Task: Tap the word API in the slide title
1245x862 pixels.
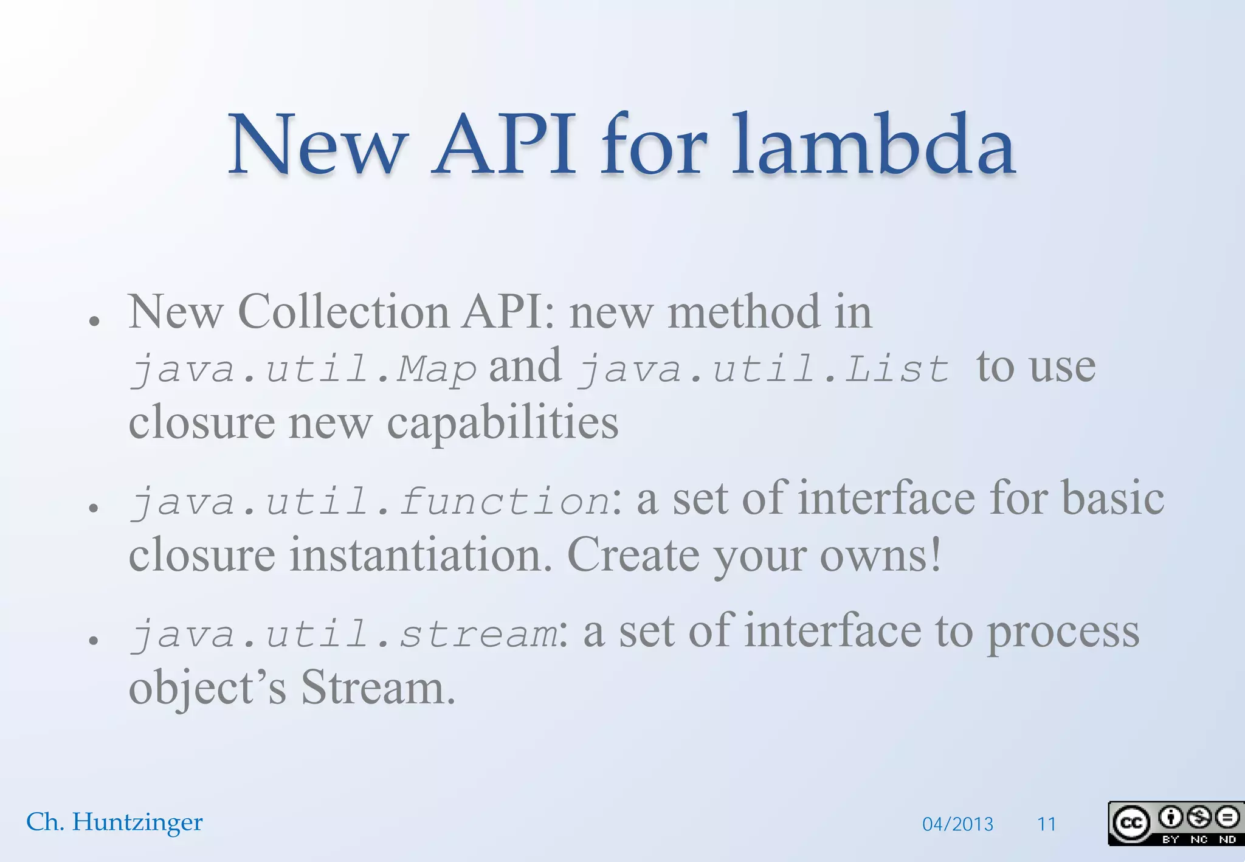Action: [504, 146]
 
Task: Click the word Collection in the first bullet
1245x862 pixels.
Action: [343, 312]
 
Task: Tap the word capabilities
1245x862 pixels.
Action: [503, 422]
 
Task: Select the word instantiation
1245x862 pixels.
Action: [420, 555]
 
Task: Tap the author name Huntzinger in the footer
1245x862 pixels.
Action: [137, 822]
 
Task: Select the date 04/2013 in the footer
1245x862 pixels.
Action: [957, 824]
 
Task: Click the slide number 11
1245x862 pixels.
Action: [1046, 824]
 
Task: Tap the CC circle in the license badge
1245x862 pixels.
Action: [1131, 823]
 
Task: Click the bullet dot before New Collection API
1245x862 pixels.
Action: [94, 320]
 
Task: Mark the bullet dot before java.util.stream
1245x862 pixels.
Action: [94, 640]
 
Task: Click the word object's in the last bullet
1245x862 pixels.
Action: [207, 689]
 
